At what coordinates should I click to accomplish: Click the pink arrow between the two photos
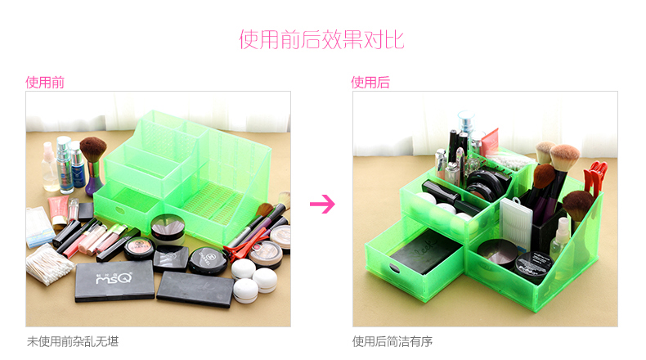point(322,204)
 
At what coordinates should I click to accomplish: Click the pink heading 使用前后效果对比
point(321,40)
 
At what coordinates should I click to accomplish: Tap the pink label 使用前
point(45,83)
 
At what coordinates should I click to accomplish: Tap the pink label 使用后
point(370,83)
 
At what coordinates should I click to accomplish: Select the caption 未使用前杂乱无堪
point(73,341)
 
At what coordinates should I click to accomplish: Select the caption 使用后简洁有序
point(393,341)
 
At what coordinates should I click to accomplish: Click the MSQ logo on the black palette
point(114,278)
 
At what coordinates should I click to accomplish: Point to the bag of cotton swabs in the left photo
point(48,264)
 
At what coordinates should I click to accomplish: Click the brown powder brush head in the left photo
point(93,149)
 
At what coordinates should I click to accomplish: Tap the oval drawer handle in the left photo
point(120,211)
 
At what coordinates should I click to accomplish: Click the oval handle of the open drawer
point(394,269)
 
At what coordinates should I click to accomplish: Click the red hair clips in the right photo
point(595,178)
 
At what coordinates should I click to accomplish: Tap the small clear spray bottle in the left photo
point(49,167)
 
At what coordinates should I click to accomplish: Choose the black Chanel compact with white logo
point(208,261)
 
